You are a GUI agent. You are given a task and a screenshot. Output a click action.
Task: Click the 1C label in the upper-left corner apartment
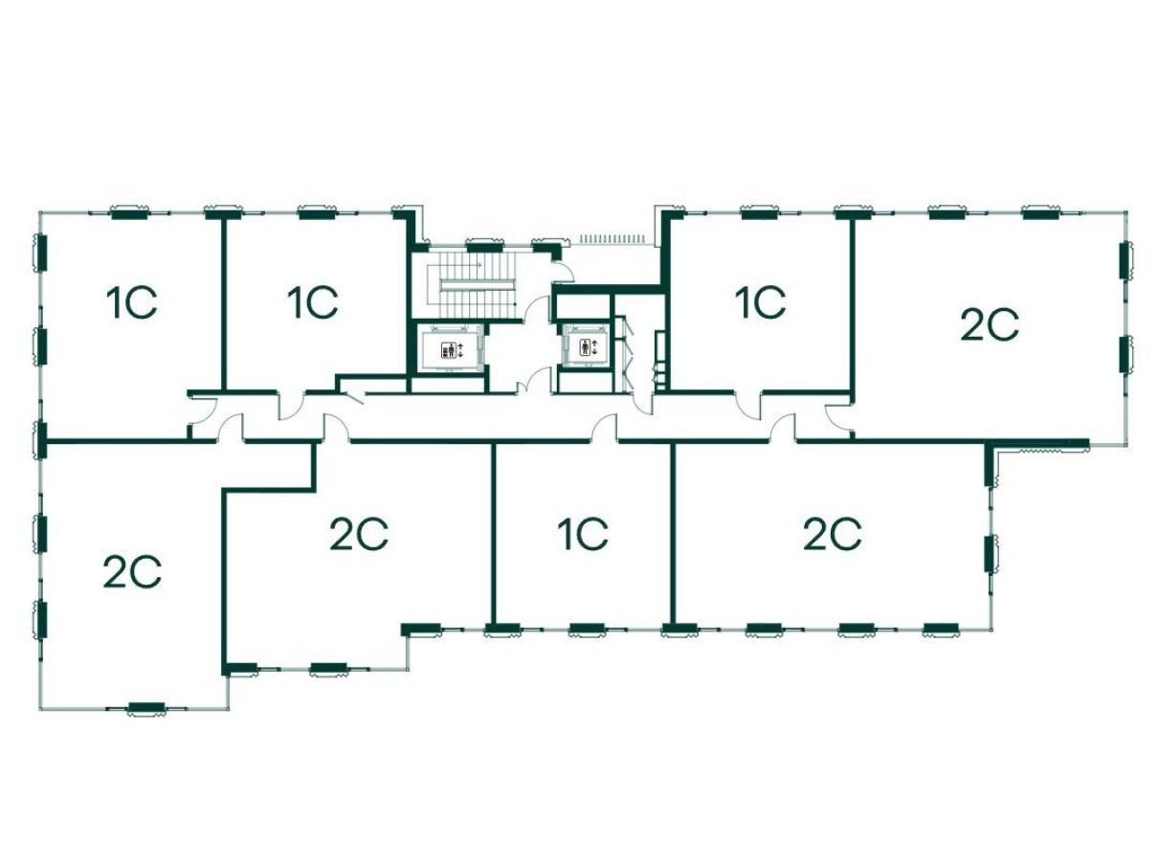coord(132,303)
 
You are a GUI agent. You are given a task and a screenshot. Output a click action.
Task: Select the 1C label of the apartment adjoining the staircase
coord(313,303)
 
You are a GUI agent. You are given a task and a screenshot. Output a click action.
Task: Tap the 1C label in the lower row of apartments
coord(583,534)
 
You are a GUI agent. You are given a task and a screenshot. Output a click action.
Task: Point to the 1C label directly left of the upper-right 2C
coord(761,303)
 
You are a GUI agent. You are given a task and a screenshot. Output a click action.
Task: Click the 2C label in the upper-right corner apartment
coord(990,326)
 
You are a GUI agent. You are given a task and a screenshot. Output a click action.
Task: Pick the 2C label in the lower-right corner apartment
coord(833,534)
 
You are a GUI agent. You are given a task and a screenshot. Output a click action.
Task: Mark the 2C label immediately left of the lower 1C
coord(359,534)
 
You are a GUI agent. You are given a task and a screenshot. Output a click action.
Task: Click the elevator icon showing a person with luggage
coord(447,349)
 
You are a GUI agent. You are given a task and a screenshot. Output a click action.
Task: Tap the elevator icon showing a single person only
coord(584,346)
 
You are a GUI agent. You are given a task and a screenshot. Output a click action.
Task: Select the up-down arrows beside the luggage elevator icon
coord(461,349)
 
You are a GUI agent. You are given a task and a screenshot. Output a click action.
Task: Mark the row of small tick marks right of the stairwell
coord(612,237)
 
